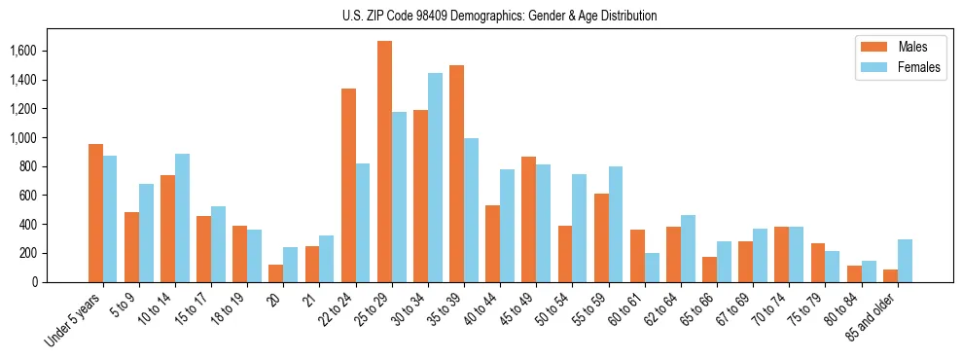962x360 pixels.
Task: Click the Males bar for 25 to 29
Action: (x=384, y=162)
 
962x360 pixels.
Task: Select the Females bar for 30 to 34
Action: (x=435, y=177)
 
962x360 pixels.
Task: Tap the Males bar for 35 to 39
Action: (x=456, y=173)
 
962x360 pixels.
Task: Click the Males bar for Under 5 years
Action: (x=95, y=213)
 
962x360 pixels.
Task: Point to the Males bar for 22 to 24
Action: (x=348, y=185)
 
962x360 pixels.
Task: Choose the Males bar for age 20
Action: (x=275, y=273)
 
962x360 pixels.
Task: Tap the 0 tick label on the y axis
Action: (x=62, y=282)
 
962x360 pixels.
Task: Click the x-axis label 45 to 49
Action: (x=518, y=310)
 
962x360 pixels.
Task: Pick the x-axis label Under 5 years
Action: (x=73, y=319)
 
